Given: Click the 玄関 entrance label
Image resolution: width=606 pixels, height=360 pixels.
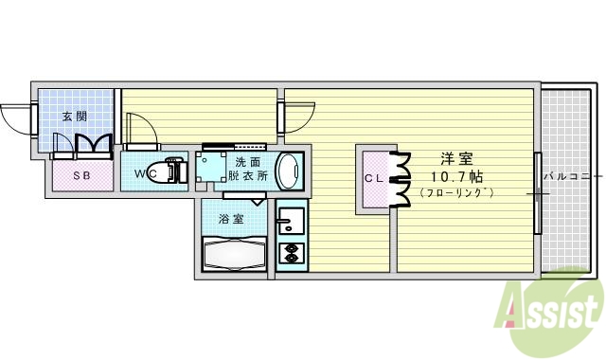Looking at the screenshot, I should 75,117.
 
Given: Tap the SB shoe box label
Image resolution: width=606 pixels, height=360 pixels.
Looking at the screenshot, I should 81,176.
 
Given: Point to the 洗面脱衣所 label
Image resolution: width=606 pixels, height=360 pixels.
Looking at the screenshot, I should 248,169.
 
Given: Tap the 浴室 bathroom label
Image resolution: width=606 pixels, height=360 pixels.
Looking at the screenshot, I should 231,219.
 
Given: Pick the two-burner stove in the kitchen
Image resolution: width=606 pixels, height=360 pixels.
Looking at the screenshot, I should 289,253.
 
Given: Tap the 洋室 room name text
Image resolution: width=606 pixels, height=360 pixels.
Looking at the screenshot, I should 455,159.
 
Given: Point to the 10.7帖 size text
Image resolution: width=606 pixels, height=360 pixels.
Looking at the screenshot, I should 455,176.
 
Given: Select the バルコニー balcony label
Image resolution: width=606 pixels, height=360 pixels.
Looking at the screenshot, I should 572,176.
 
